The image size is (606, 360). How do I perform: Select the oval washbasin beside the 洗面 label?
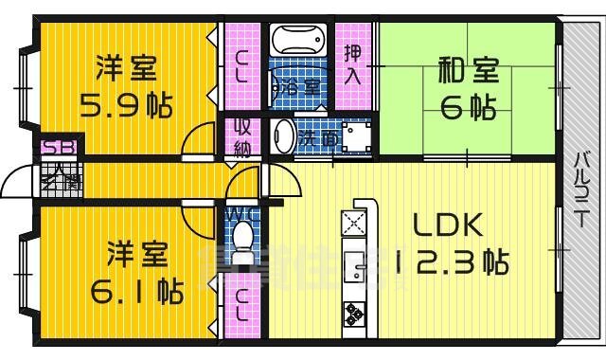(282, 136)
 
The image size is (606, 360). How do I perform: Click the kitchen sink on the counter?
(358, 270)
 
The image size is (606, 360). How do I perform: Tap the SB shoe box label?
(54, 148)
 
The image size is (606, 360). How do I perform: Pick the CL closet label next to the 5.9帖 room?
(240, 65)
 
